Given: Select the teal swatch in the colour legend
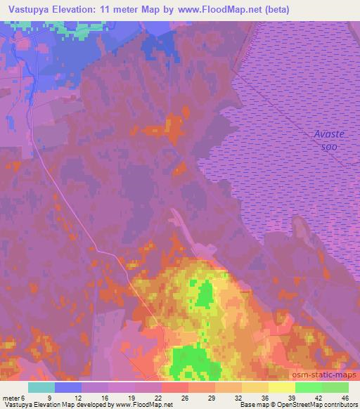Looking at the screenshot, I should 41,387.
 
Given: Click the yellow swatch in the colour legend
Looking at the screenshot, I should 255,387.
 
